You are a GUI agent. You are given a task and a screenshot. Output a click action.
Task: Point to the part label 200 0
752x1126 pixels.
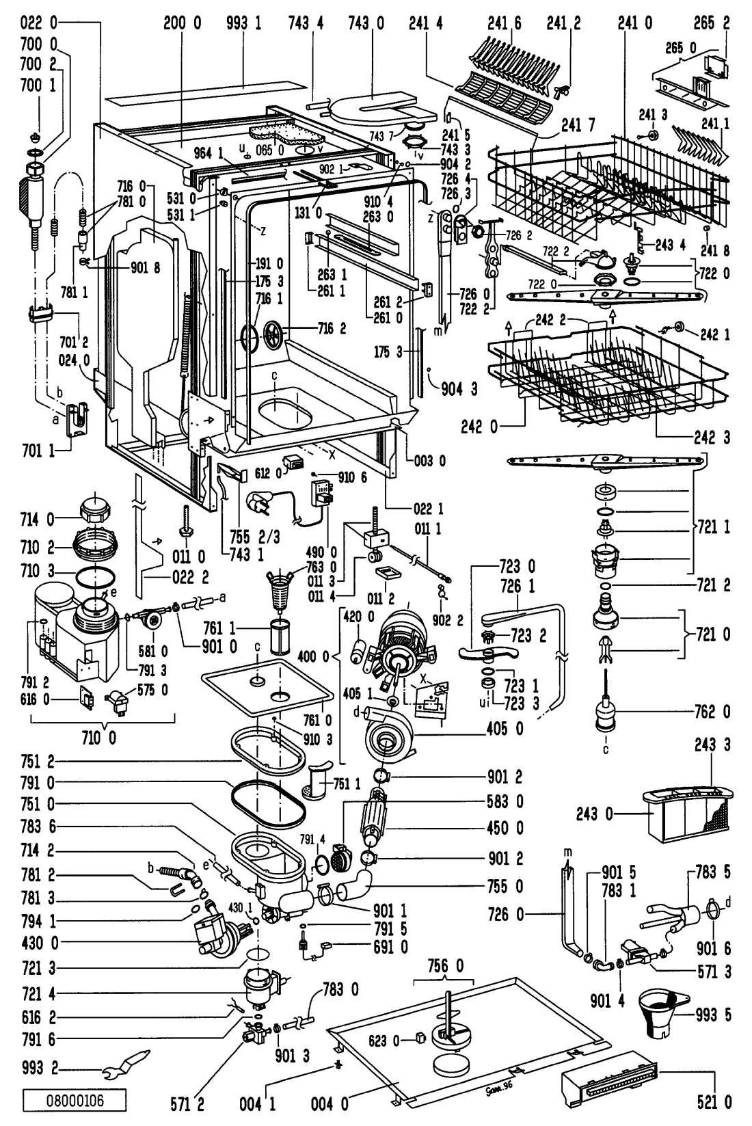182,24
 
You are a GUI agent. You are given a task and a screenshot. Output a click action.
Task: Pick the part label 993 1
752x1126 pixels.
244,24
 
